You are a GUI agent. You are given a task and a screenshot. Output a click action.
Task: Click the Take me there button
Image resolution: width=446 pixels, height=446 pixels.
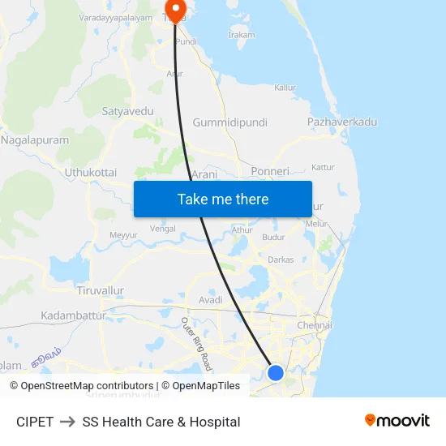click(x=223, y=199)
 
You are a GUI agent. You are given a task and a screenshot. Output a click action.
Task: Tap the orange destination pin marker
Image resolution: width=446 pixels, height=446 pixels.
click(x=174, y=9)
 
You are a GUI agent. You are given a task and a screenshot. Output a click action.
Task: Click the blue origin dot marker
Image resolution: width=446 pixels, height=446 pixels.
click(x=276, y=373)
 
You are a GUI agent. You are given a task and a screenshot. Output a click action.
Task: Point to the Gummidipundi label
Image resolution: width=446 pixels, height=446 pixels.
click(x=229, y=122)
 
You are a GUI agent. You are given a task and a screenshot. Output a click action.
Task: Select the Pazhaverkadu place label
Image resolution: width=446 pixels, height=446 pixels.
click(x=342, y=122)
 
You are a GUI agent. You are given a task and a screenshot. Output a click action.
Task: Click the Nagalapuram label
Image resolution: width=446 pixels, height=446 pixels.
click(x=36, y=139)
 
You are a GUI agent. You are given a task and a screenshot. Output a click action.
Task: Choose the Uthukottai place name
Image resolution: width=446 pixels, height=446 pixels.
click(x=91, y=173)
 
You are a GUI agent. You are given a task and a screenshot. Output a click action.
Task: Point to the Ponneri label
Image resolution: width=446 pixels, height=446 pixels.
click(x=270, y=172)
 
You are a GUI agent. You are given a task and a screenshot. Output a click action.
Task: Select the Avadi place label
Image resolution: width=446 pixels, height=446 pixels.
click(x=211, y=300)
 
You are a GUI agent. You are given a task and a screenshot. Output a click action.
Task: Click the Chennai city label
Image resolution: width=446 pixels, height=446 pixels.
click(x=315, y=325)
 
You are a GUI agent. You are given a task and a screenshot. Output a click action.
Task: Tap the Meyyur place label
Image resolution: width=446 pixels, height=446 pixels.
click(x=123, y=235)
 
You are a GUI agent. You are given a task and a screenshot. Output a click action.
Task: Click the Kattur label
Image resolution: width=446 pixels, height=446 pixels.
click(x=323, y=167)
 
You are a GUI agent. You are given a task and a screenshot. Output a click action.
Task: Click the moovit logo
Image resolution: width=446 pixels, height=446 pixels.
click(x=397, y=420)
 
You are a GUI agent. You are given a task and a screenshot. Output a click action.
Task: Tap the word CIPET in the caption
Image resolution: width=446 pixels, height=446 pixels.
click(x=35, y=422)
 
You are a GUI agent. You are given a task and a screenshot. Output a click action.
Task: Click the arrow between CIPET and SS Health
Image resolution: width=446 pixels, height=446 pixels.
click(x=67, y=422)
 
